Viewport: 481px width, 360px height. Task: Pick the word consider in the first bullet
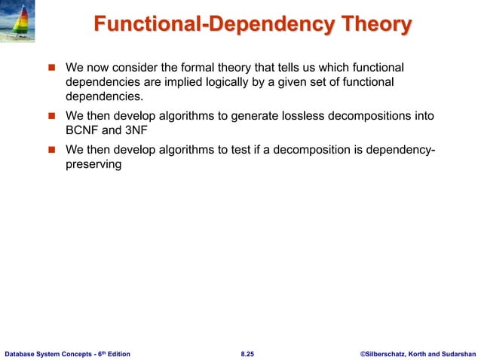pos(142,66)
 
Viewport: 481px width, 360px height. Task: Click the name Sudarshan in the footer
pos(455,352)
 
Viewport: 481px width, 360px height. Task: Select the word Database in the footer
pos(21,352)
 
